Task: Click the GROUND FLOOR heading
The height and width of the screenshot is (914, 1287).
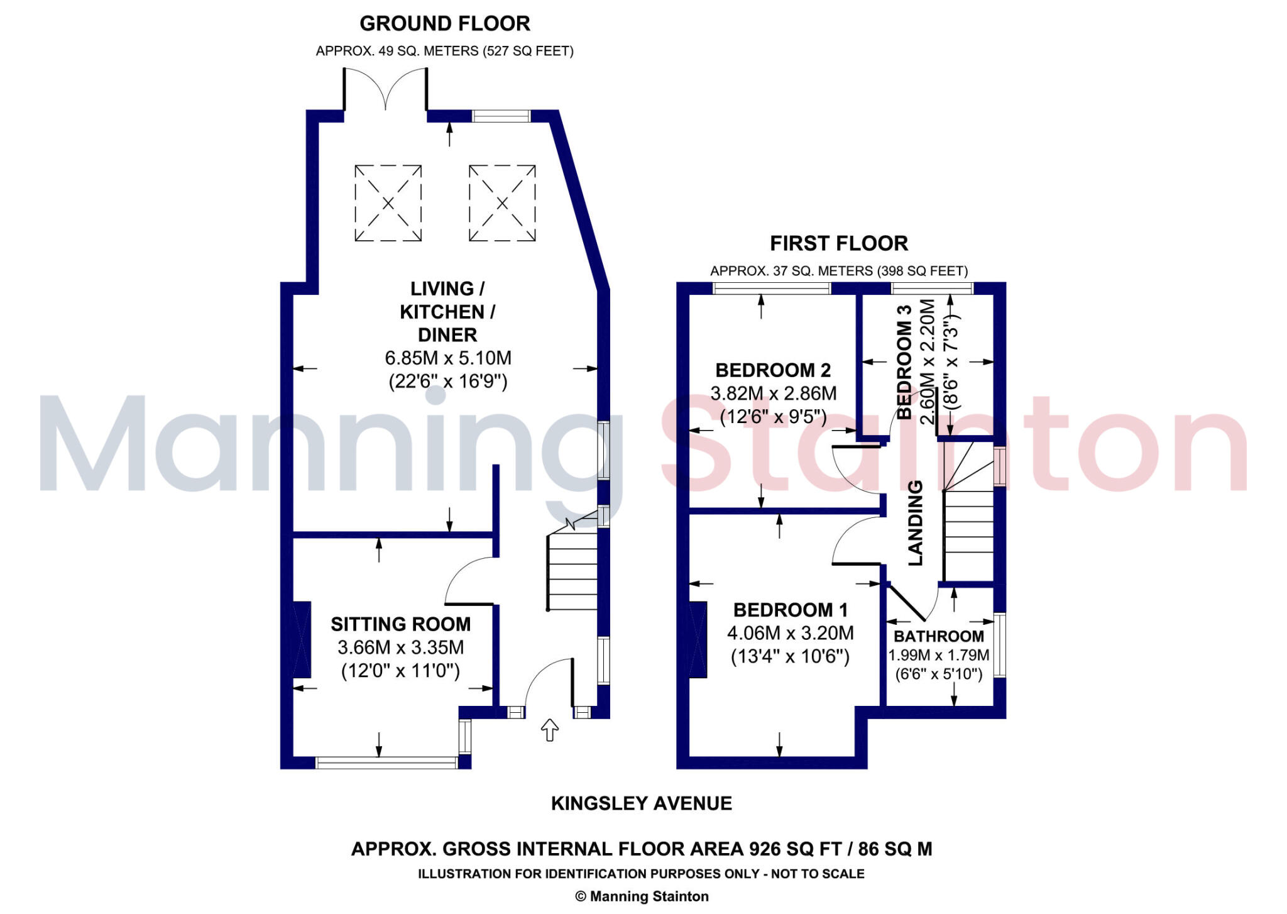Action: (444, 24)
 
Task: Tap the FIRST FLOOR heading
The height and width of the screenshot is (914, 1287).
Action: (838, 243)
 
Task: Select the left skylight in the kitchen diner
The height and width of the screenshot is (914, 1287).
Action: (388, 203)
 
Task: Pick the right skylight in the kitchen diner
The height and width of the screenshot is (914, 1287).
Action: (502, 203)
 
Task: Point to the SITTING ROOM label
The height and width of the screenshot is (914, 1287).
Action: (400, 624)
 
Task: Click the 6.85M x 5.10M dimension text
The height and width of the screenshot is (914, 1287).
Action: (447, 358)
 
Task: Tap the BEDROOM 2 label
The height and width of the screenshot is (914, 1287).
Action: (773, 370)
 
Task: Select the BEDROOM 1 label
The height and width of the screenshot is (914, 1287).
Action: (790, 610)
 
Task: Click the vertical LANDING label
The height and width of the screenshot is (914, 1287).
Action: (916, 523)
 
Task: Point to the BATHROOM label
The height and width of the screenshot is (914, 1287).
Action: (938, 636)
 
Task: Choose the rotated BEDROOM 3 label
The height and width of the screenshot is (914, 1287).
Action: (904, 361)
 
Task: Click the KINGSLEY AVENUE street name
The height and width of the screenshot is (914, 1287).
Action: (641, 803)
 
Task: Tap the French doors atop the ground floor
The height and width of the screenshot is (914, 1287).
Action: (385, 91)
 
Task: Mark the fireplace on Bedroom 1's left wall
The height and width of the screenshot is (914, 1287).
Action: (698, 639)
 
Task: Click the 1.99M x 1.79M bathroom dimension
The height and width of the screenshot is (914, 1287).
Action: (938, 656)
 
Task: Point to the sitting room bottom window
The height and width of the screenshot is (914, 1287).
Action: (386, 763)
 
